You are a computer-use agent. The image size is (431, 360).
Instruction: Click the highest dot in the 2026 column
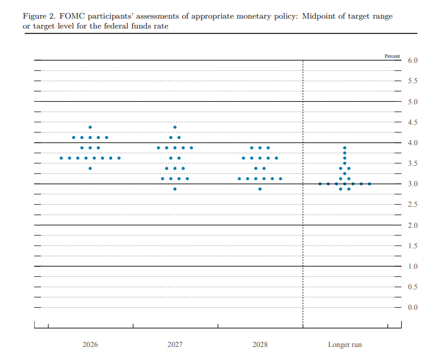pyautogui.click(x=90, y=127)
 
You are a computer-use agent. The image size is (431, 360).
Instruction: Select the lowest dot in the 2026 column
pyautogui.click(x=90, y=168)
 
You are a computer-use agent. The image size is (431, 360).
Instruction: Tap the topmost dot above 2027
pyautogui.click(x=175, y=127)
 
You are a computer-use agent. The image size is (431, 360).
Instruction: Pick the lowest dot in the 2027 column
pyautogui.click(x=175, y=189)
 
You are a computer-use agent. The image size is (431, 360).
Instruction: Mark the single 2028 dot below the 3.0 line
pyautogui.click(x=260, y=189)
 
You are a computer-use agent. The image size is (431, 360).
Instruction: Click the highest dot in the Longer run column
pyautogui.click(x=345, y=148)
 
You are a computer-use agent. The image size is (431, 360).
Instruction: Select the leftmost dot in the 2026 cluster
pyautogui.click(x=61, y=158)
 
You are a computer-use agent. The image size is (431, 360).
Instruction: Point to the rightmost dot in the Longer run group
pyautogui.click(x=370, y=184)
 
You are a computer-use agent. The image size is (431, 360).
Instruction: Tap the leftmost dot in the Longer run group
pyautogui.click(x=320, y=184)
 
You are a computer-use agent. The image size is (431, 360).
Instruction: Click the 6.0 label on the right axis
pyautogui.click(x=412, y=60)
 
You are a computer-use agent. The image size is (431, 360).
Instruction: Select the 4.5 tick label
pyautogui.click(x=412, y=122)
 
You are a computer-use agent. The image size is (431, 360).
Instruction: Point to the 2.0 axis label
pyautogui.click(x=412, y=225)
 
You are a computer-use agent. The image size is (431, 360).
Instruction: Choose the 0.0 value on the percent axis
pyautogui.click(x=412, y=307)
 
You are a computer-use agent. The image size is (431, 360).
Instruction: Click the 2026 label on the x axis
pyautogui.click(x=90, y=344)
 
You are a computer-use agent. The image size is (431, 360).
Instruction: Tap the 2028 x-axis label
pyautogui.click(x=260, y=344)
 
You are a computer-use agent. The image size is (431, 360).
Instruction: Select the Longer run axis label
pyautogui.click(x=345, y=344)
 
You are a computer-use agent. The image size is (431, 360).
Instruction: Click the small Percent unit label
pyautogui.click(x=392, y=56)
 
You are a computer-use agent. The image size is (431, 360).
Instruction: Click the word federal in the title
pyautogui.click(x=114, y=26)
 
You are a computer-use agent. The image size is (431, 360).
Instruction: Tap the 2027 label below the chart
pyautogui.click(x=175, y=344)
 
